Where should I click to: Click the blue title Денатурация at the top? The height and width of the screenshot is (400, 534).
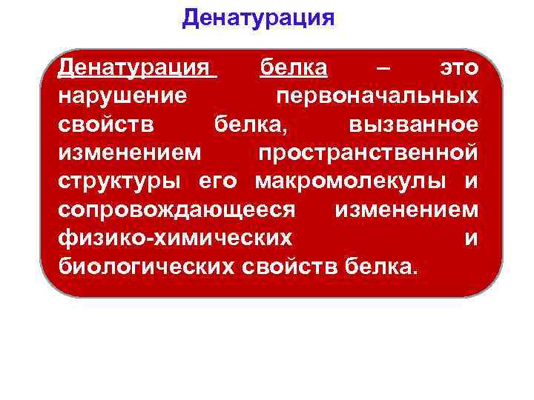pos(258,17)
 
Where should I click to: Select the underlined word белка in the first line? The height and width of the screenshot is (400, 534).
pos(293,69)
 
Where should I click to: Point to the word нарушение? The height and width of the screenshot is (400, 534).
pos(122,97)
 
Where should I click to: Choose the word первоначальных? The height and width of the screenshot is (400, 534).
pos(377,97)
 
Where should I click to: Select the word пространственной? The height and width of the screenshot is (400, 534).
pos(368,153)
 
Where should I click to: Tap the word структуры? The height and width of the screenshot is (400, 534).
pos(123,181)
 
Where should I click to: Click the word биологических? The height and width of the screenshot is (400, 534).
pos(146,266)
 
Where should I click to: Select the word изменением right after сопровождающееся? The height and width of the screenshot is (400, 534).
pos(406,210)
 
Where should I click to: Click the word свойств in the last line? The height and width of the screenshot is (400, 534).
pos(290,266)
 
